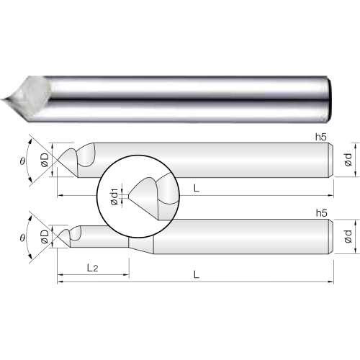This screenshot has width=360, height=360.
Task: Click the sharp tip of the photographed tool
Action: [x=1, y=100]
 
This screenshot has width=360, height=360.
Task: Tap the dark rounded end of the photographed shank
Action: [x=330, y=100]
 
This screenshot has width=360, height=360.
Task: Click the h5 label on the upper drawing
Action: [x=321, y=137]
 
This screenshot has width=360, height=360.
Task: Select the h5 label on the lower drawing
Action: [x=322, y=213]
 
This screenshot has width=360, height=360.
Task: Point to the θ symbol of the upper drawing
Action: [x=22, y=161]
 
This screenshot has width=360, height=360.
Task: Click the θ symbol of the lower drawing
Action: [x=22, y=238]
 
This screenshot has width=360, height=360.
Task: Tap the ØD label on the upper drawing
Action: [x=45, y=160]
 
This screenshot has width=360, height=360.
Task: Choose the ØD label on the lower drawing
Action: [x=45, y=237]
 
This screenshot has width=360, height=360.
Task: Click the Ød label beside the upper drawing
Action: [x=348, y=160]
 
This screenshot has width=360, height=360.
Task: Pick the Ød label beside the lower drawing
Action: [x=348, y=236]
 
